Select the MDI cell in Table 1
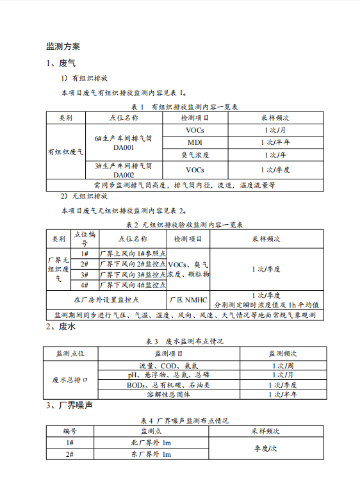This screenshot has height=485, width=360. pos(195,142)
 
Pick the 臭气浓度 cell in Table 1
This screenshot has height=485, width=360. pos(195,155)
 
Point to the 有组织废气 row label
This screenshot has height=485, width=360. pos(65,152)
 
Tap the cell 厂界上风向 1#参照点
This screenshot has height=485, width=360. pos(133,254)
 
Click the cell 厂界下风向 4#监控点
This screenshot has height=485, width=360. pos(133,284)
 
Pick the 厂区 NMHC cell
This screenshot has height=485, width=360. pos(188,299)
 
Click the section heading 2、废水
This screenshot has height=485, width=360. pos(61,327)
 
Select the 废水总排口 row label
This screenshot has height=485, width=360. pos(70,380)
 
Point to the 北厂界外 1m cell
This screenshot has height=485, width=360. pos(151,443)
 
